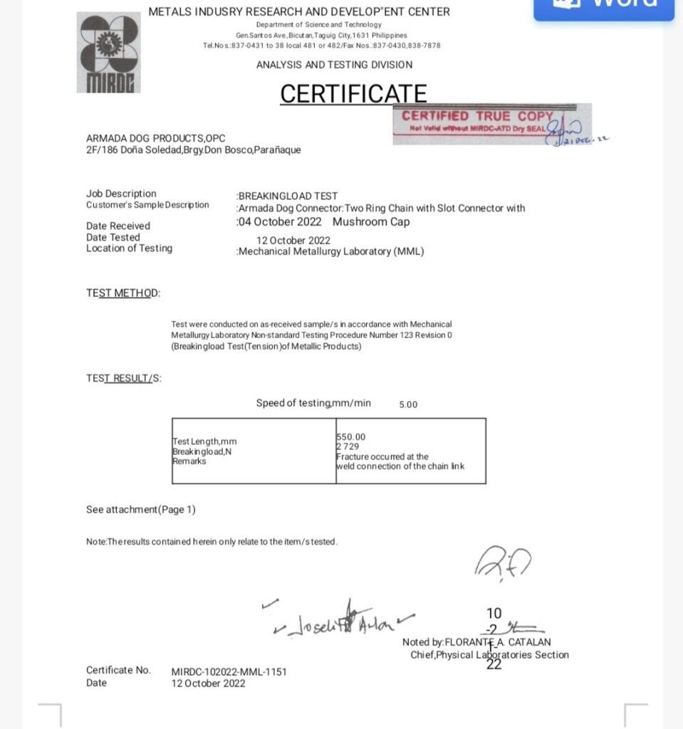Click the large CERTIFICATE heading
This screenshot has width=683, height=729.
[x=353, y=93]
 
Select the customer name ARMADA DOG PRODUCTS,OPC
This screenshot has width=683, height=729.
[x=156, y=138]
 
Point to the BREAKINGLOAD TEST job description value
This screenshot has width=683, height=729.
[x=288, y=196]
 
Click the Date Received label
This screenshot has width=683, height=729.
[x=118, y=226]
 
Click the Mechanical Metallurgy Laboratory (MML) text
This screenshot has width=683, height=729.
[x=331, y=251]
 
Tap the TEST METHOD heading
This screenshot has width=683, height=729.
[x=123, y=293]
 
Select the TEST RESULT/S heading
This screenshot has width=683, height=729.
[x=124, y=378]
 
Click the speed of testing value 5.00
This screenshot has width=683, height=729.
[x=408, y=404]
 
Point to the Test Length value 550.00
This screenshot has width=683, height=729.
[x=350, y=436]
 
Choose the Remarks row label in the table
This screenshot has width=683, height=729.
[x=189, y=461]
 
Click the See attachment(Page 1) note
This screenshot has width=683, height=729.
[x=141, y=509]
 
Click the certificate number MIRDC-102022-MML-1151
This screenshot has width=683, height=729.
[x=229, y=671]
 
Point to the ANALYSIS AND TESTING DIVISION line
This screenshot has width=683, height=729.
[x=334, y=65]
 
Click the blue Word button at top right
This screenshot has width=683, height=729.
[x=604, y=7]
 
